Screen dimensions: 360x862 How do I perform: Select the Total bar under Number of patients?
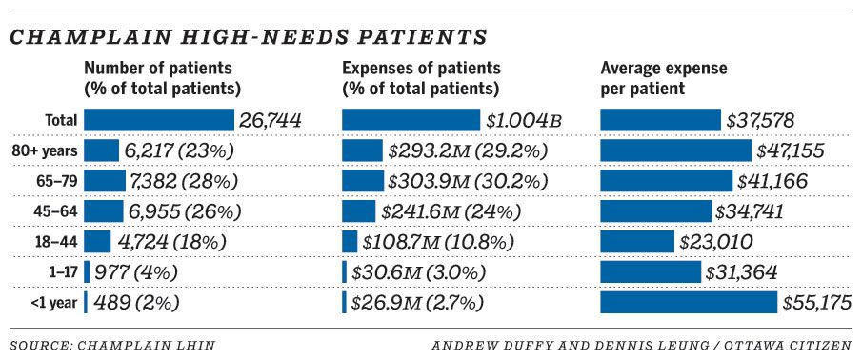tap(158, 120)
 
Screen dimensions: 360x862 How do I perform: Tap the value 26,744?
tap(271, 120)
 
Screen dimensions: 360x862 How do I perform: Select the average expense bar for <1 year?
tap(689, 303)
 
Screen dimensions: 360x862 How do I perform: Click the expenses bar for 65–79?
tap(363, 181)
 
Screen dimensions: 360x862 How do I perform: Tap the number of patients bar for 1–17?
tap(87, 272)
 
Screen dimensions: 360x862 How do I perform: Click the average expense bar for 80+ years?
tap(675, 150)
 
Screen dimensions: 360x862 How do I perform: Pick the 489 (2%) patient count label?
tap(134, 303)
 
